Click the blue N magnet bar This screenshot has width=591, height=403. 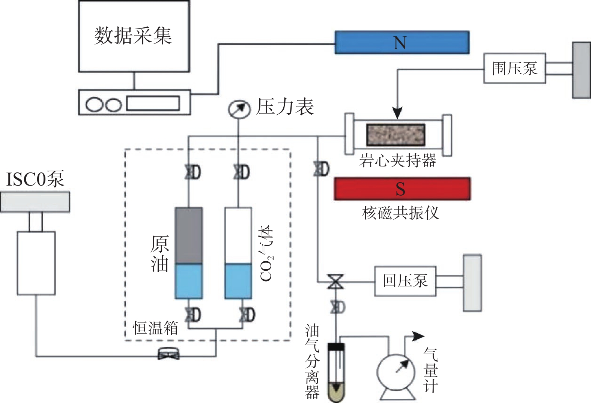[402, 42]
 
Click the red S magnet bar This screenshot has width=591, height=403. [402, 189]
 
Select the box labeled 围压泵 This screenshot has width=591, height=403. [514, 68]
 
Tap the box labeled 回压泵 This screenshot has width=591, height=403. [405, 281]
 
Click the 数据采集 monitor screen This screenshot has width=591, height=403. [134, 36]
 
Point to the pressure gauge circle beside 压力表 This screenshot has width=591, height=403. [239, 109]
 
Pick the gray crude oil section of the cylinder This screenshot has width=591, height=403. [189, 235]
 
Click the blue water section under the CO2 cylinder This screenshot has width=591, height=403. [238, 281]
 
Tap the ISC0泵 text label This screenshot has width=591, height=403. [36, 179]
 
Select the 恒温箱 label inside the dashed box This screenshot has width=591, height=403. [156, 328]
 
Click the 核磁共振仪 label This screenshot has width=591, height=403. [400, 213]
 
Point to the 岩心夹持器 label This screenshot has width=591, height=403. [398, 160]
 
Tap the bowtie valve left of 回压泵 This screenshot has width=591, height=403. [335, 281]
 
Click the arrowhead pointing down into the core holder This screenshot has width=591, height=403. [397, 113]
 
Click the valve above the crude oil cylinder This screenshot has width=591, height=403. [192, 172]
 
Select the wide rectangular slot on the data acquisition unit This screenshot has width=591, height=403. [153, 103]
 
